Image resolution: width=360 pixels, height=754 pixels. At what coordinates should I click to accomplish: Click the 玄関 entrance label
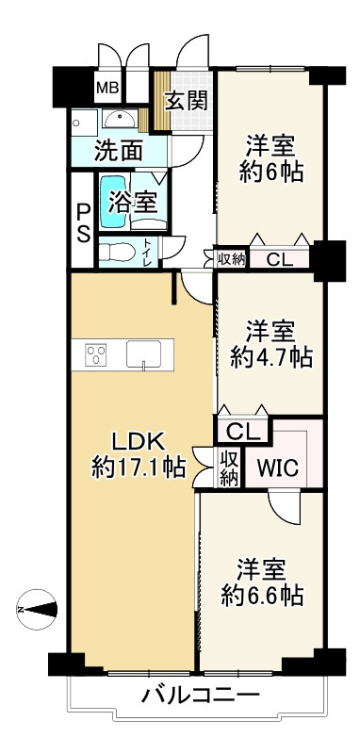pyautogui.click(x=187, y=101)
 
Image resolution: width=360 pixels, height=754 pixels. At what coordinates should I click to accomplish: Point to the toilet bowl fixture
pyautogui.click(x=116, y=252)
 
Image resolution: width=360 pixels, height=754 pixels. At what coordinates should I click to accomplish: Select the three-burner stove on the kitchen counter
pyautogui.click(x=96, y=354)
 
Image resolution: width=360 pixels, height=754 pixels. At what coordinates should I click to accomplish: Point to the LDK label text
pyautogui.click(x=139, y=441)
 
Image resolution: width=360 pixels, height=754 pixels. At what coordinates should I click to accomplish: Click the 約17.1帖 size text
pyautogui.click(x=139, y=467)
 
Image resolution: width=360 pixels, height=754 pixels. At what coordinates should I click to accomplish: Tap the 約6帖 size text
pyautogui.click(x=271, y=172)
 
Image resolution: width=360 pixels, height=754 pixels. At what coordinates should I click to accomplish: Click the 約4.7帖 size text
pyautogui.click(x=271, y=357)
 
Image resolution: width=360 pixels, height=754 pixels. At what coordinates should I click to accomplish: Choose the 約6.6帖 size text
pyautogui.click(x=261, y=595)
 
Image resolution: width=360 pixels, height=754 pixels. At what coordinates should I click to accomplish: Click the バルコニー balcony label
pyautogui.click(x=201, y=698)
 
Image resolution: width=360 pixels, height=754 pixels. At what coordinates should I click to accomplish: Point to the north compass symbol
pyautogui.click(x=38, y=610)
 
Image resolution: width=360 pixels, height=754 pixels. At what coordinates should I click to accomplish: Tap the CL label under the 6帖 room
pyautogui.click(x=279, y=259)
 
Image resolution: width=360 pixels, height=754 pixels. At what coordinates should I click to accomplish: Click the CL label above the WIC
pyautogui.click(x=243, y=432)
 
